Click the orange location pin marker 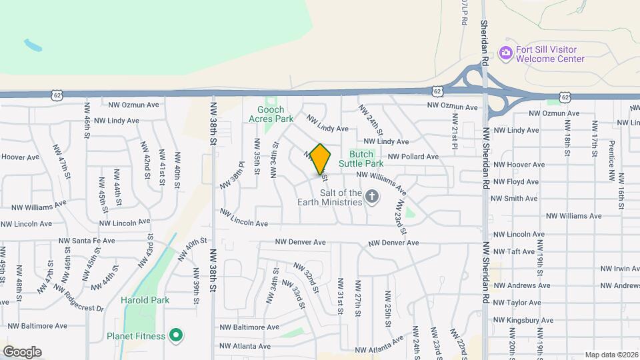point(320,159)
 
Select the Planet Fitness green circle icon point(176,335)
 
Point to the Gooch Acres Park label point(271,114)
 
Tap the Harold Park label point(145,300)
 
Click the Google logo point(22,351)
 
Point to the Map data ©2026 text point(611,355)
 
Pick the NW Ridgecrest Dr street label point(79,299)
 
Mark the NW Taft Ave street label point(514,251)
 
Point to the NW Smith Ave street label point(514,199)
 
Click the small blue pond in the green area point(32,46)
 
